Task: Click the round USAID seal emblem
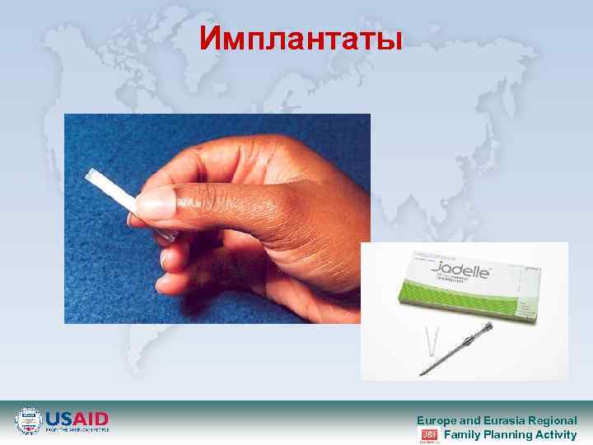tap(29, 420)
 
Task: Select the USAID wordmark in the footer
tap(77, 418)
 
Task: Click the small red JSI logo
tap(428, 434)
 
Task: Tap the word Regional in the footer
tap(553, 419)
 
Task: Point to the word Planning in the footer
tap(508, 434)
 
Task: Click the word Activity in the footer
tap(557, 434)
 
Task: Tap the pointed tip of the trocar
tap(422, 375)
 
